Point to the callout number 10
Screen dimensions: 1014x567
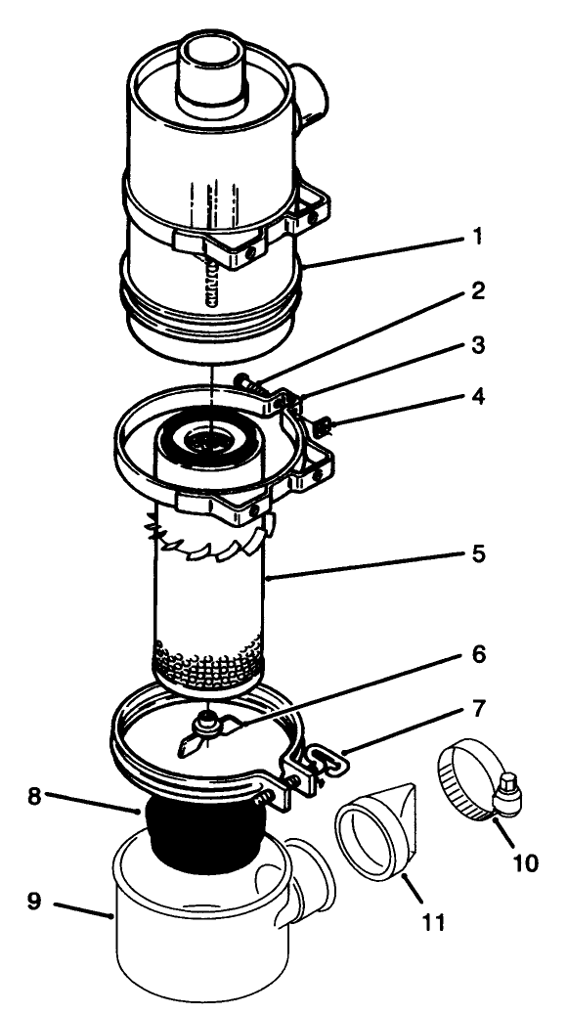525,863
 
